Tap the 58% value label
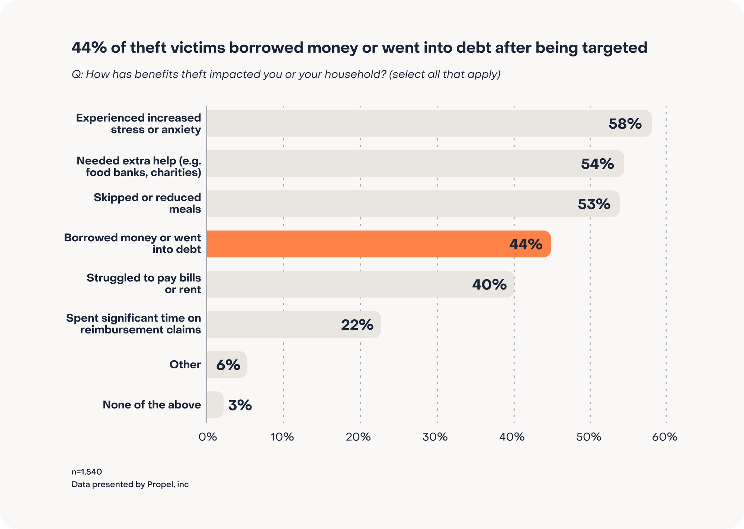point(625,124)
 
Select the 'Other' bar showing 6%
point(226,365)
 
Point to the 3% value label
point(240,405)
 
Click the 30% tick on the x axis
point(435,437)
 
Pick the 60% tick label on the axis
point(665,437)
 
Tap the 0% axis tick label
point(208,437)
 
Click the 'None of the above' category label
point(152,404)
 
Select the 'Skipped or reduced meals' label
point(147,203)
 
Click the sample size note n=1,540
point(87,472)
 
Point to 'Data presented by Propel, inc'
point(130,484)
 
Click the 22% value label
point(357,325)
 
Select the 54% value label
point(597,164)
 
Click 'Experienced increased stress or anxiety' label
point(138,123)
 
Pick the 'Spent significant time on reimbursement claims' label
point(134,324)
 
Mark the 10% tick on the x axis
point(282,437)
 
